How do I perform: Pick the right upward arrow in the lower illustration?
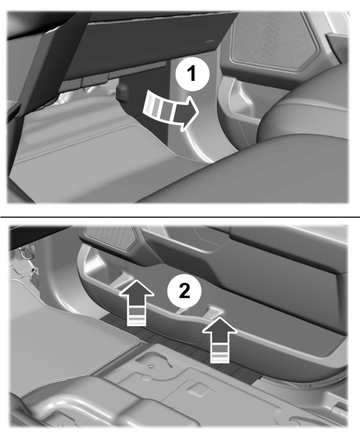219,337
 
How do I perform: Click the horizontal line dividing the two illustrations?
180,216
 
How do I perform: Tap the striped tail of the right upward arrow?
220,354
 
